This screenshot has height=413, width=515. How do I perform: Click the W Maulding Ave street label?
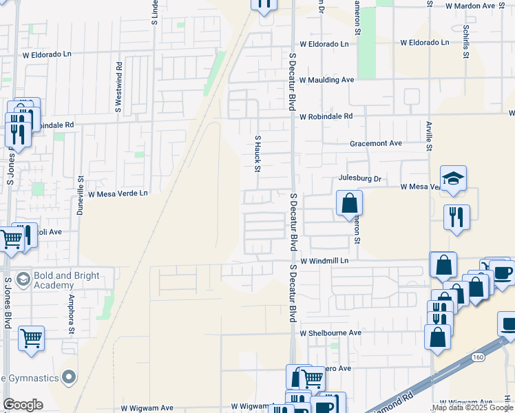(x=326, y=80)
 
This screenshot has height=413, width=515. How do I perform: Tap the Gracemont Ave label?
(x=375, y=143)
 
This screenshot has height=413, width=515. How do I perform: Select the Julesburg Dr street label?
(x=359, y=179)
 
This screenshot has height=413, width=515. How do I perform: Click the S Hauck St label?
(x=259, y=153)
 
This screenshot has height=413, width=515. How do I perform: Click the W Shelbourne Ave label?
(x=330, y=332)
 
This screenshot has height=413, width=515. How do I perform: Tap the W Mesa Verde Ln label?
(x=118, y=194)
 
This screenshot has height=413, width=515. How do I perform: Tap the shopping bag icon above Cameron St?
(x=349, y=203)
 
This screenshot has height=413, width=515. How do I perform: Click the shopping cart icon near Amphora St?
(x=31, y=338)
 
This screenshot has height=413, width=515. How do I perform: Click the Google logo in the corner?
(x=23, y=404)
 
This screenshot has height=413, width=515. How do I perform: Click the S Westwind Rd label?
(x=119, y=87)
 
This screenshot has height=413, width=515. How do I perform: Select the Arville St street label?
(x=428, y=134)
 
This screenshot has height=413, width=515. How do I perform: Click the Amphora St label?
(x=71, y=314)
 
